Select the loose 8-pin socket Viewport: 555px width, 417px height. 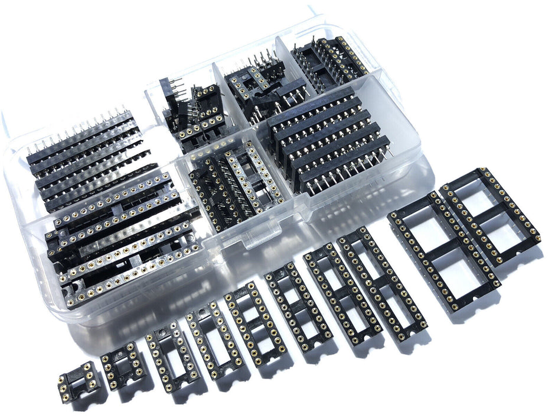coord(123,366)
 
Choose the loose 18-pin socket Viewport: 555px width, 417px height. coord(255,323)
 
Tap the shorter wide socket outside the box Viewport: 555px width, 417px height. coord(490,215)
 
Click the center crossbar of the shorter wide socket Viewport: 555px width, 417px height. coord(491,216)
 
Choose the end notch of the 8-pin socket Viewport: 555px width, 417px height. coord(110,379)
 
